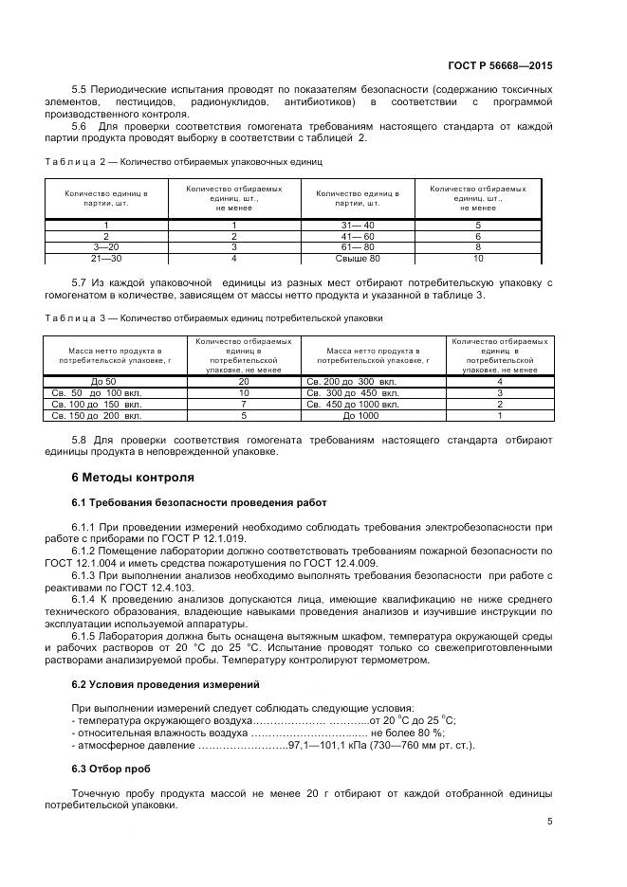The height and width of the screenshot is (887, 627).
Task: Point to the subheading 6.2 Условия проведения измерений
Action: pyautogui.click(x=153, y=683)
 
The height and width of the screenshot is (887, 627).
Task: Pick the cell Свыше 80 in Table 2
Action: pyautogui.click(x=358, y=257)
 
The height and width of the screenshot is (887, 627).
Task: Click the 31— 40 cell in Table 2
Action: pyautogui.click(x=358, y=225)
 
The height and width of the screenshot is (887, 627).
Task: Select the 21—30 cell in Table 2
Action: pyautogui.click(x=105, y=257)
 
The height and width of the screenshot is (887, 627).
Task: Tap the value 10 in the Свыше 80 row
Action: pyautogui.click(x=478, y=257)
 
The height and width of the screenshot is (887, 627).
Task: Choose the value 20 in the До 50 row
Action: pyautogui.click(x=244, y=381)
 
